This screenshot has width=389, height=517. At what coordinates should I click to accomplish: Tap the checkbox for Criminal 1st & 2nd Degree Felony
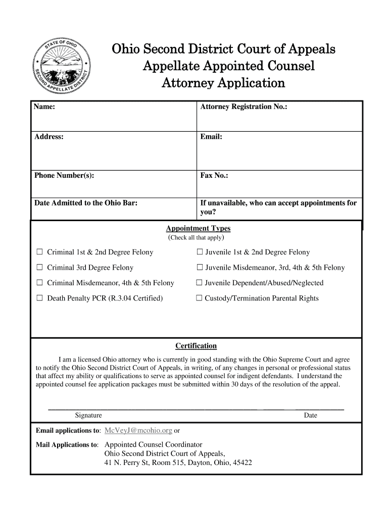(x=39, y=252)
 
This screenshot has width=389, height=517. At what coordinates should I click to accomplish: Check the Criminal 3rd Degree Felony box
(x=39, y=268)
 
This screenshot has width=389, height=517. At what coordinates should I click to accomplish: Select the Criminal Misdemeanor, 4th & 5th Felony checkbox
(x=39, y=283)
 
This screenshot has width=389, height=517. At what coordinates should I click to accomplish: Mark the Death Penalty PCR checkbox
(x=39, y=298)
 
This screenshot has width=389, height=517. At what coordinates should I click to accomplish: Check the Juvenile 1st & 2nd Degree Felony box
(x=199, y=252)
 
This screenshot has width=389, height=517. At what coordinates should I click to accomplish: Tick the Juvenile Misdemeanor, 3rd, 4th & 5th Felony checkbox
(x=199, y=268)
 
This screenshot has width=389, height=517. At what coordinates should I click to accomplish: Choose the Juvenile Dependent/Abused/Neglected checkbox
(x=199, y=283)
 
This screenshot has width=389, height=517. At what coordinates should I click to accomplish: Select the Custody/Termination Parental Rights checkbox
(x=199, y=298)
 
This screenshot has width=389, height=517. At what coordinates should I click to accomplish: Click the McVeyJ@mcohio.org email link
(x=138, y=431)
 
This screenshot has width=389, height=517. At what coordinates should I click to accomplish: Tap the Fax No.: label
(x=214, y=176)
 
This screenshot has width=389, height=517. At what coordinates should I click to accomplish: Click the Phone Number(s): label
(x=64, y=176)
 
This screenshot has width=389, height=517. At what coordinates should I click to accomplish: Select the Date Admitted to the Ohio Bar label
(x=86, y=203)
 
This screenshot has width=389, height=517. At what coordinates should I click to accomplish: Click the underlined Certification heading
(x=196, y=346)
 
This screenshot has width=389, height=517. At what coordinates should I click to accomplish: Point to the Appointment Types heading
(x=194, y=229)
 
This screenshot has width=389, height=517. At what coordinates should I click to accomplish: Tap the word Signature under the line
(x=88, y=416)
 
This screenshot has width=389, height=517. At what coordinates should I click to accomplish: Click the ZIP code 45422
(x=242, y=463)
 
